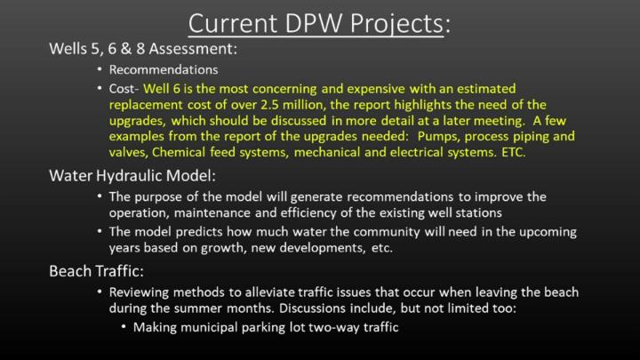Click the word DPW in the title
coord(314,23)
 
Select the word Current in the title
coord(233,23)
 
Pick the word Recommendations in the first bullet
coord(164,70)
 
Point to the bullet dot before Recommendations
coord(100,69)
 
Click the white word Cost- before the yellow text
coord(124,89)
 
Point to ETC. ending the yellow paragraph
coord(514,152)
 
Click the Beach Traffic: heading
coord(96,271)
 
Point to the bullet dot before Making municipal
coord(124,327)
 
